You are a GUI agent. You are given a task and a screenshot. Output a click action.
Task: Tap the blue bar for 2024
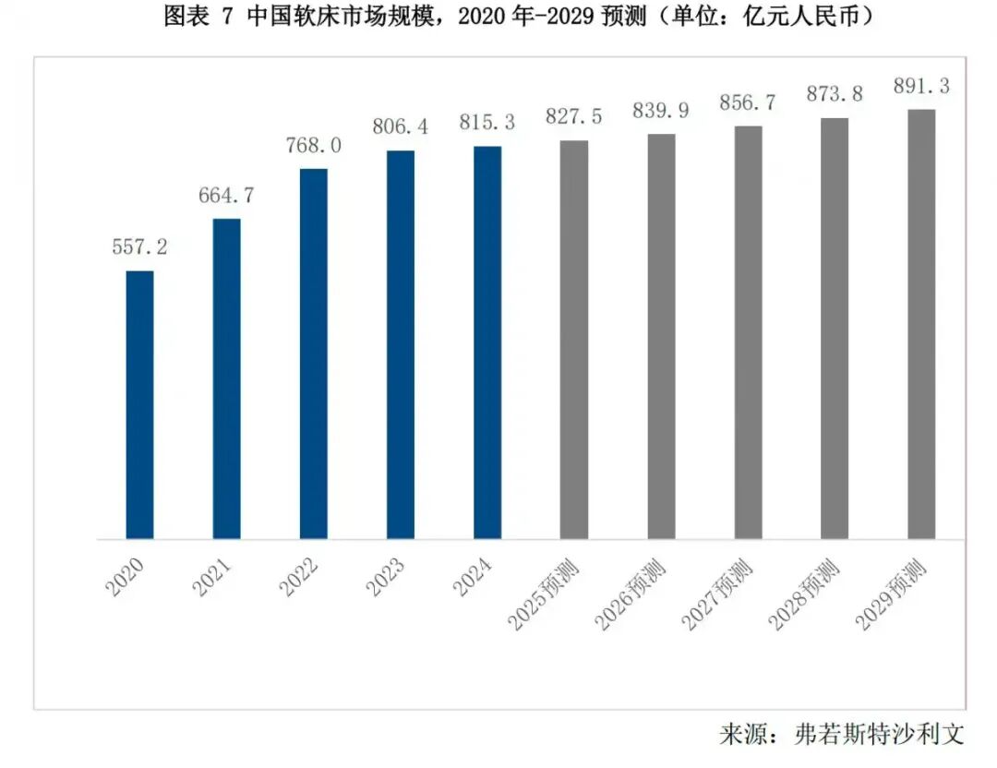click(x=487, y=342)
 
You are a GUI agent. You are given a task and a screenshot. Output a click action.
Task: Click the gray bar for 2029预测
click(x=921, y=324)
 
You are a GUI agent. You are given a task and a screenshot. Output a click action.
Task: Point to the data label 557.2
click(x=139, y=246)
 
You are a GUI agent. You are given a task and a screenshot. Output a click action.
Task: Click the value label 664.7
click(x=226, y=195)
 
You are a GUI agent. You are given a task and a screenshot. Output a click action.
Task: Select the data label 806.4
click(x=401, y=126)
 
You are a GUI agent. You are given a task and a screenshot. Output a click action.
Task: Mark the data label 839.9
click(x=661, y=110)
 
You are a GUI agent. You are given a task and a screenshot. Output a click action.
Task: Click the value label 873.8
click(x=835, y=94)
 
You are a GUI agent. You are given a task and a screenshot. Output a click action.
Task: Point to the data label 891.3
click(x=921, y=86)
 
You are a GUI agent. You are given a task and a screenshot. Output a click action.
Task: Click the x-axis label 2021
click(x=215, y=576)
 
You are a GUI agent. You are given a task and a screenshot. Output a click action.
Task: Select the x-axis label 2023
click(x=389, y=576)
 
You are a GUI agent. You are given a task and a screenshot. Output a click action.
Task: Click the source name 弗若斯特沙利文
click(x=879, y=735)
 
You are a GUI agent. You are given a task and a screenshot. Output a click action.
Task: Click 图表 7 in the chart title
click(x=199, y=17)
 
